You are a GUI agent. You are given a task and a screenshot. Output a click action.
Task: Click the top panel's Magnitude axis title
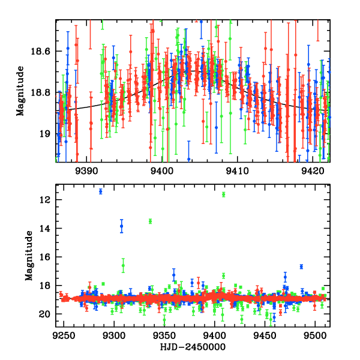(20, 91)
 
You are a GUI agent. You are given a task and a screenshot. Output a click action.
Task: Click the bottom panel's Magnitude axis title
(29, 257)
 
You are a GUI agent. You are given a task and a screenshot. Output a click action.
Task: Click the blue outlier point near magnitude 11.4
(101, 191)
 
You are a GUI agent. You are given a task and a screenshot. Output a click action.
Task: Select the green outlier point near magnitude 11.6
(224, 194)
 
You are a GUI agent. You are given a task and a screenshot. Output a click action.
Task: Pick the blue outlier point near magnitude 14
(122, 226)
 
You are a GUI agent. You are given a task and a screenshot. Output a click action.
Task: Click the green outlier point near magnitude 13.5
(151, 221)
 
